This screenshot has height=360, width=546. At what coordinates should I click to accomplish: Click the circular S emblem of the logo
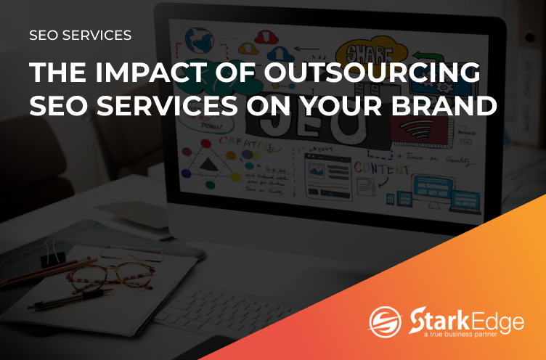click(385, 322)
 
